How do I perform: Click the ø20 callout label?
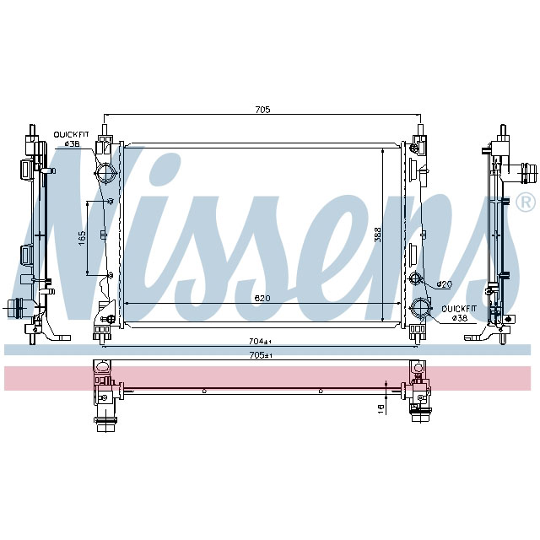pyautogui.click(x=445, y=283)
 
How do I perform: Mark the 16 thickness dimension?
pyautogui.click(x=381, y=408)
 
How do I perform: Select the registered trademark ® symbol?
pyautogui.click(x=524, y=202)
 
